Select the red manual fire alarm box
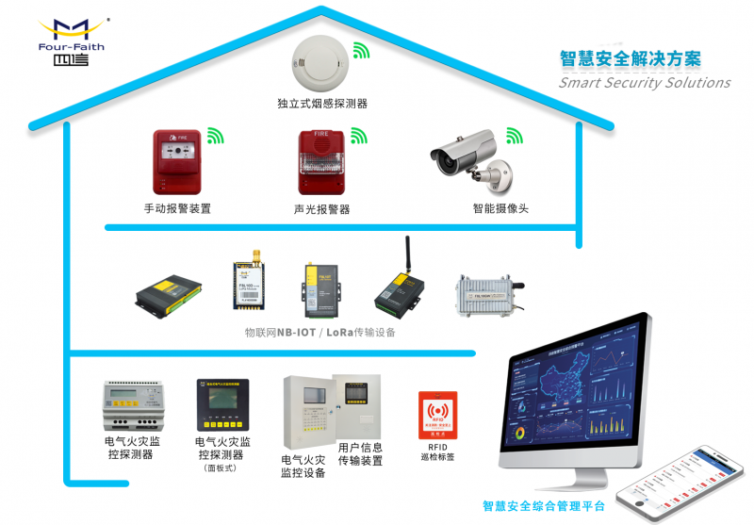coord(177,164)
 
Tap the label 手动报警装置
coord(177,208)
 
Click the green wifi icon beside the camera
coord(514,137)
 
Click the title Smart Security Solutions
coord(645,83)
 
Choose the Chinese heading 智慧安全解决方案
coord(631,58)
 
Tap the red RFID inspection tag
coord(436,416)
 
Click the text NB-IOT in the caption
coord(294,333)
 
